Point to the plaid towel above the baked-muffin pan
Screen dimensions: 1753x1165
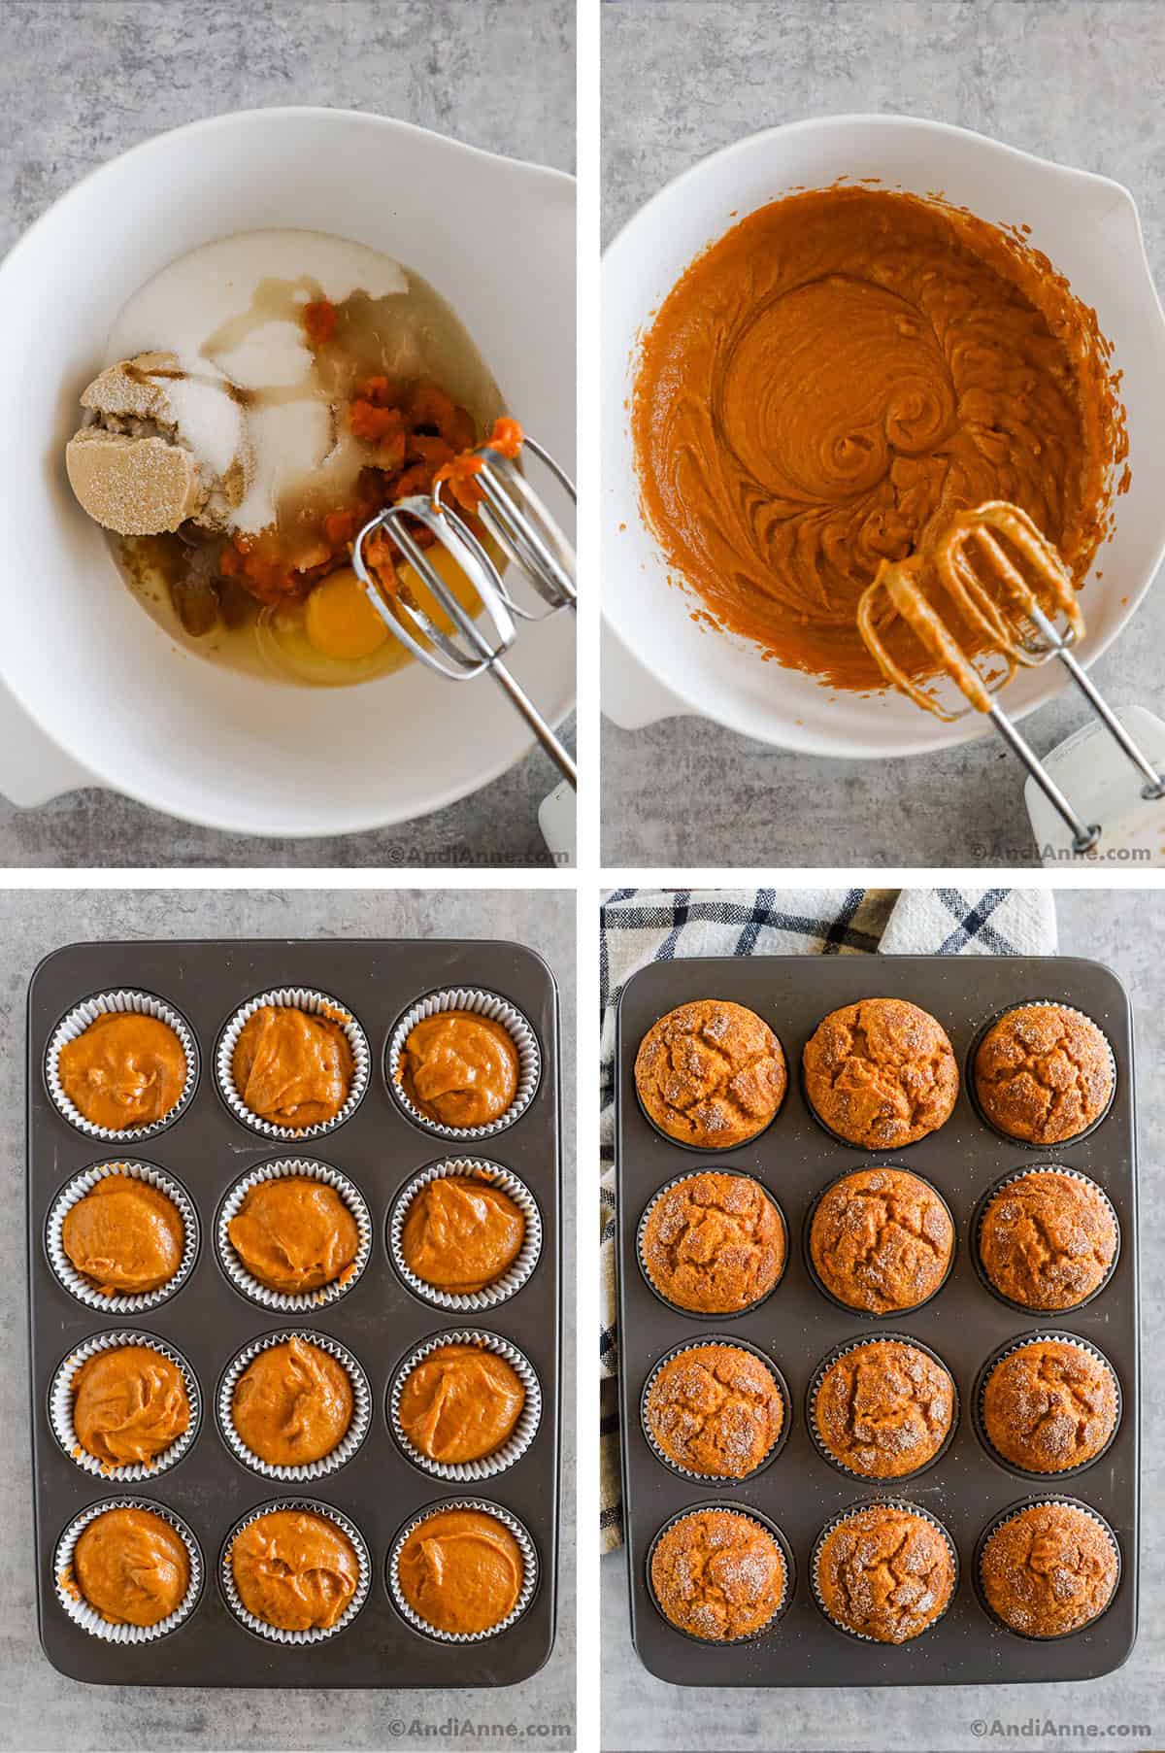[825, 923]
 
